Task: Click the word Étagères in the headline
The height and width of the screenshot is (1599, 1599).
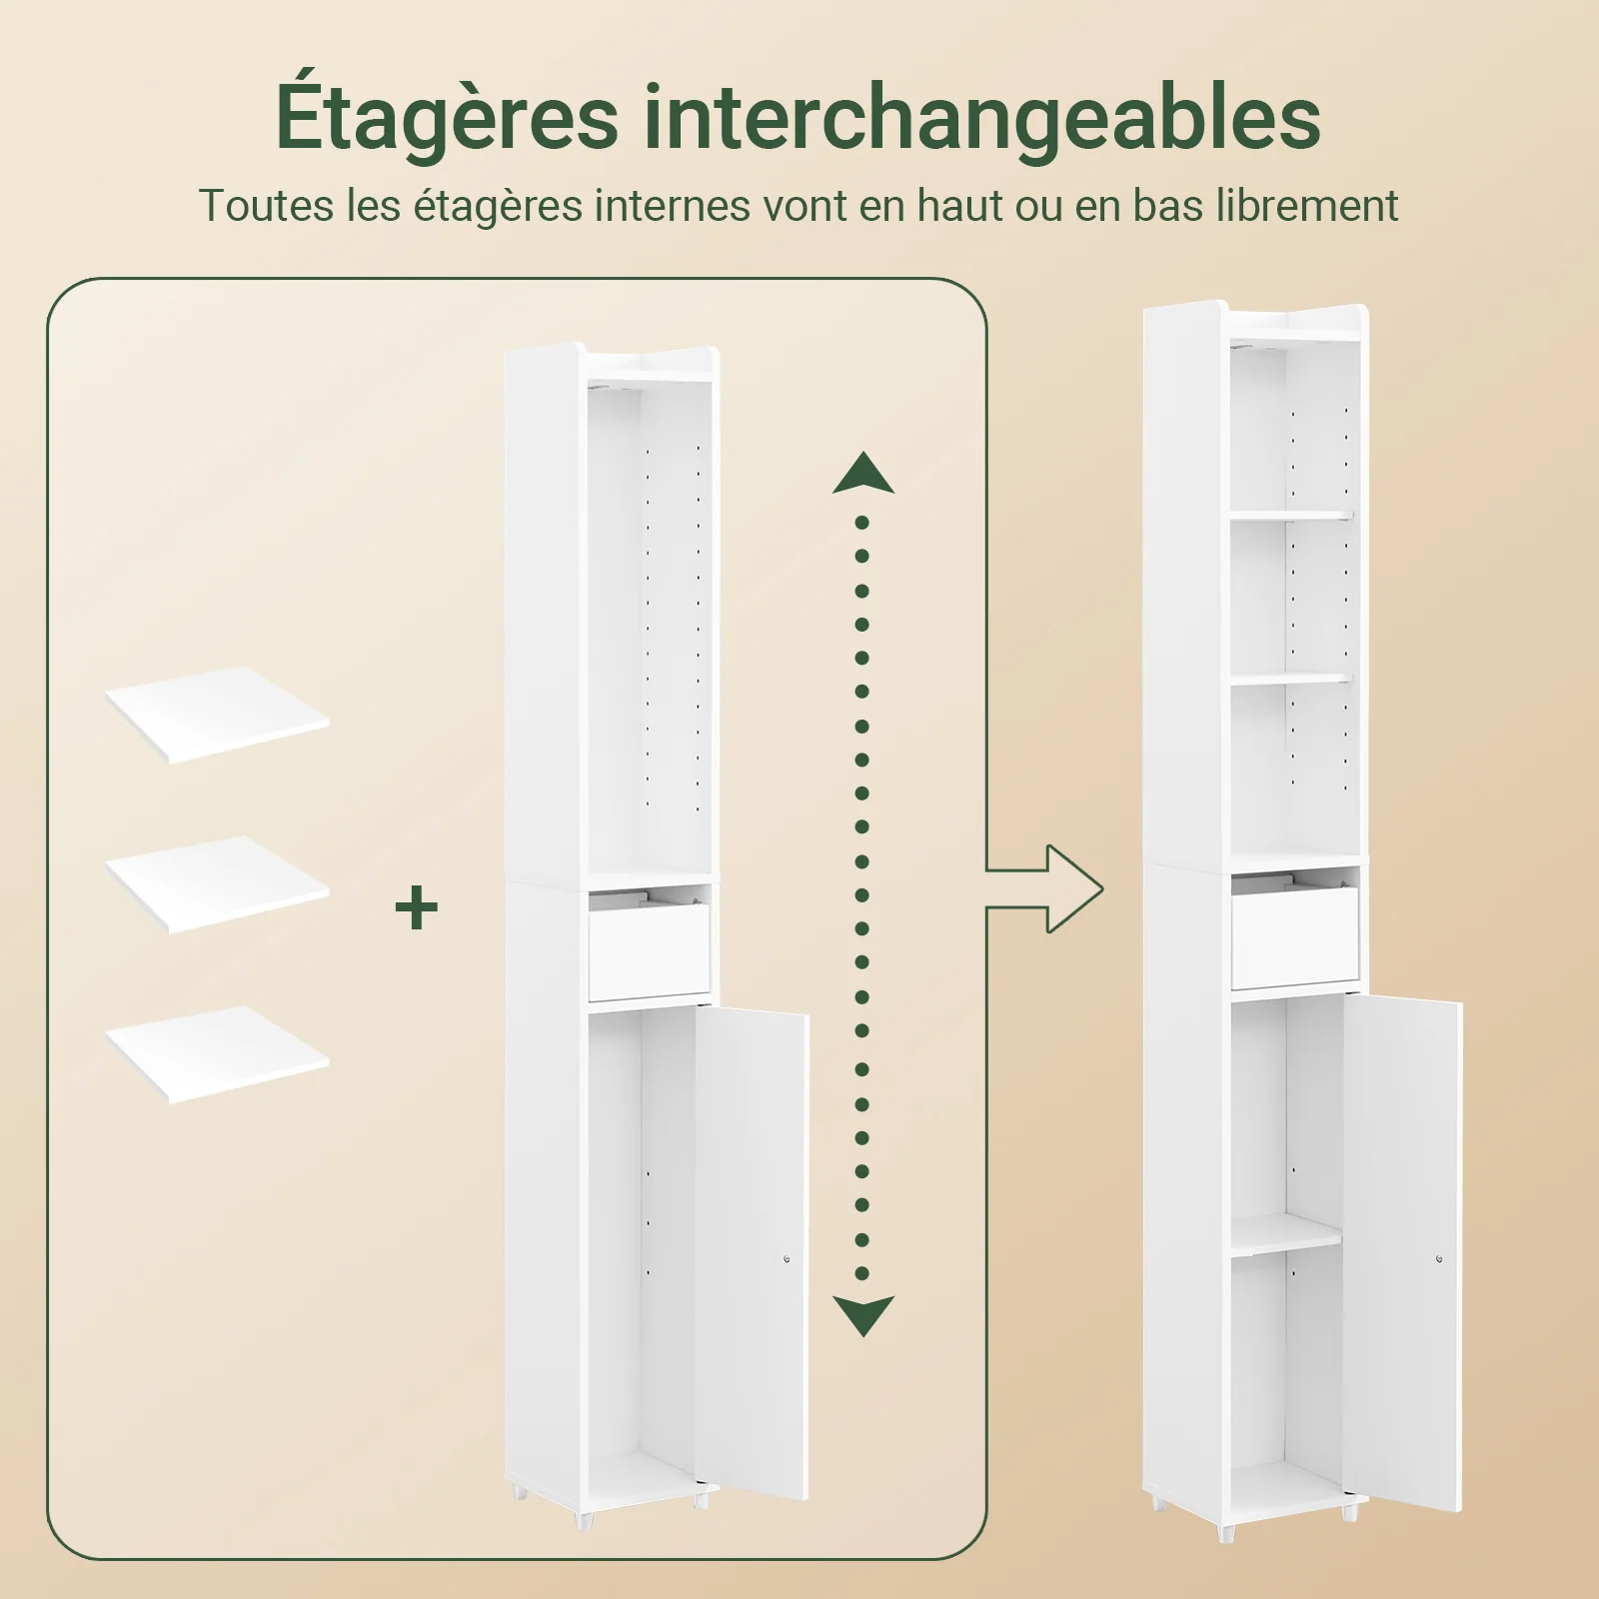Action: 447,118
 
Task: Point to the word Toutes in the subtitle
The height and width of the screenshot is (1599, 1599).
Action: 266,206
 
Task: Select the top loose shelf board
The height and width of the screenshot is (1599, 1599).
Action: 218,715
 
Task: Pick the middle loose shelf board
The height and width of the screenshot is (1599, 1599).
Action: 218,884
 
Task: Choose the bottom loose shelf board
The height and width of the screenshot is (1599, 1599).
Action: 218,1054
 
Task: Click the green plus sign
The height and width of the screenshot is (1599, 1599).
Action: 417,908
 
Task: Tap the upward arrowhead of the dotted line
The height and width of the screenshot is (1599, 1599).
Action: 862,472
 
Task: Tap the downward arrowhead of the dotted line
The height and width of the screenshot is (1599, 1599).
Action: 863,1316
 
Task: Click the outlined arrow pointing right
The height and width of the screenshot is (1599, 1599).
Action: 1045,888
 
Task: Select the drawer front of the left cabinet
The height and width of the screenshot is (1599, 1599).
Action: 649,949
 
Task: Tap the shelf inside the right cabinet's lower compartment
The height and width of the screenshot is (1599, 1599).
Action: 1286,1236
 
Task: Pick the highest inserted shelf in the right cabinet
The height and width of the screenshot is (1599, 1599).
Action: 1291,516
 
